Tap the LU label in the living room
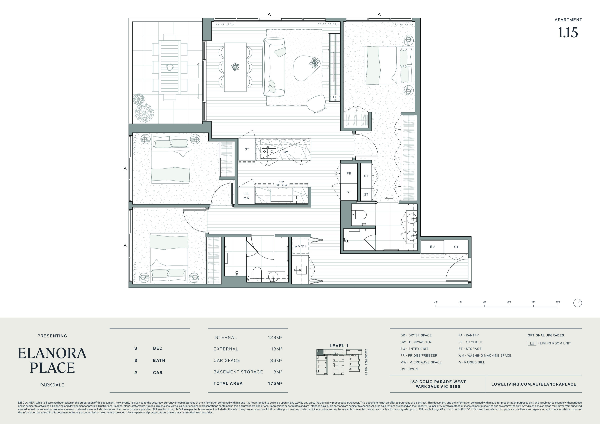pos(335,97)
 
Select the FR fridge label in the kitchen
pos(349,174)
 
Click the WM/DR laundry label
pos(301,246)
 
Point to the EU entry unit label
pos(432,247)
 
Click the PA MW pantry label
pos(246,196)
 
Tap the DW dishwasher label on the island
pos(285,152)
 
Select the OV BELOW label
pos(281,183)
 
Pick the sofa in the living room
pos(274,67)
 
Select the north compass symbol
pos(578,303)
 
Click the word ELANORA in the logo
pos(52,353)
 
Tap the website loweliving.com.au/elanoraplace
pos(534,384)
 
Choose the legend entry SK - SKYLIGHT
pos(470,342)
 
